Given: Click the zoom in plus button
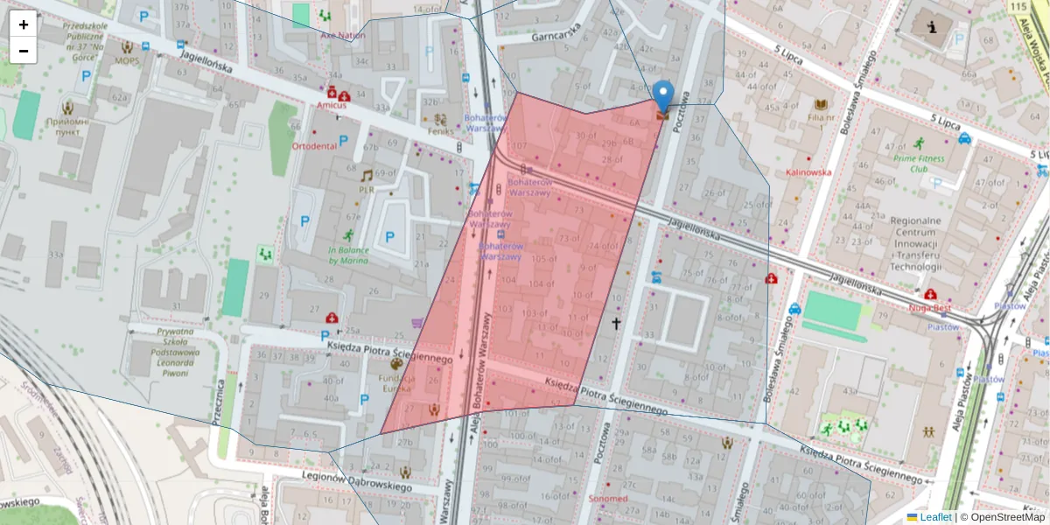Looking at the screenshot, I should coord(24,24).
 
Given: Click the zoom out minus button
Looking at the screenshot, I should coord(24,51).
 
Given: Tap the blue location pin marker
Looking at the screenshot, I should coord(664,97).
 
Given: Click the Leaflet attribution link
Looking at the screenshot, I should coord(934,517).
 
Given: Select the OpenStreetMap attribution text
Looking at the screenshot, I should coord(1003,517).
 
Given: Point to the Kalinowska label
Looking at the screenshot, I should coord(808,172).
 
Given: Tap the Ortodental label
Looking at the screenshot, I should coord(314,146).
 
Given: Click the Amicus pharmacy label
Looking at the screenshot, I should coord(332,105).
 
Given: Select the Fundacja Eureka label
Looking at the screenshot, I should coord(396,382).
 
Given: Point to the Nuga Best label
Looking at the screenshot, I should coord(929,307).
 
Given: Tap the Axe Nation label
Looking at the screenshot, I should coord(342,36).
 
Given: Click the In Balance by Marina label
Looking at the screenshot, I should coord(348,255).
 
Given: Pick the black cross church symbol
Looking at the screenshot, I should coord(616,325).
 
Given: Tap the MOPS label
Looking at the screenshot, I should coord(127,61).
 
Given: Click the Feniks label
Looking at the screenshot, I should coord(441,131).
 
